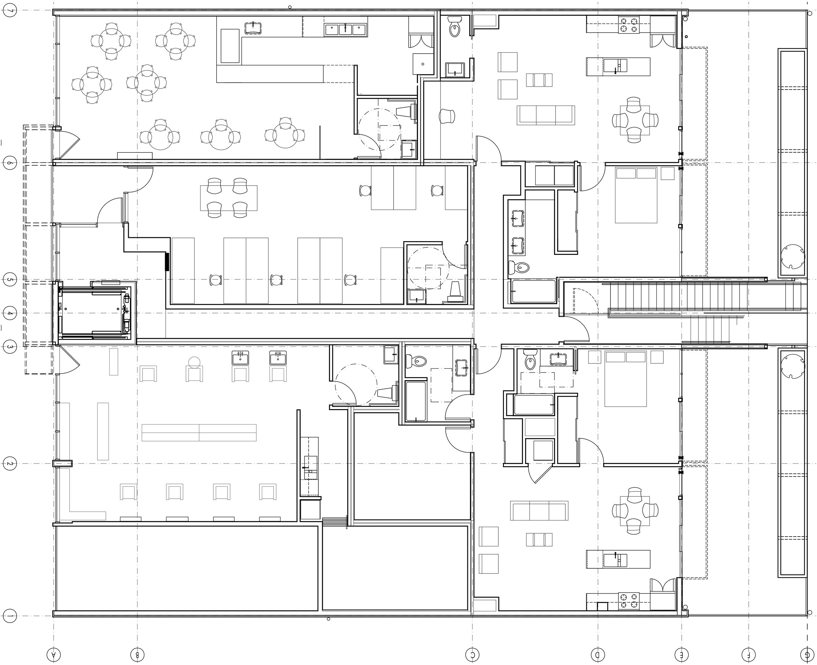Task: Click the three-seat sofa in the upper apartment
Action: tap(546, 115)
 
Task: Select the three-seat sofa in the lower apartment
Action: tap(539, 511)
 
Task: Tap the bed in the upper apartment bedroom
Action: tap(636, 195)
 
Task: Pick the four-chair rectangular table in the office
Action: tap(229, 198)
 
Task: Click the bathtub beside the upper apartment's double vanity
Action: tap(533, 292)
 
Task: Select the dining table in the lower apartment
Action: tap(635, 511)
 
